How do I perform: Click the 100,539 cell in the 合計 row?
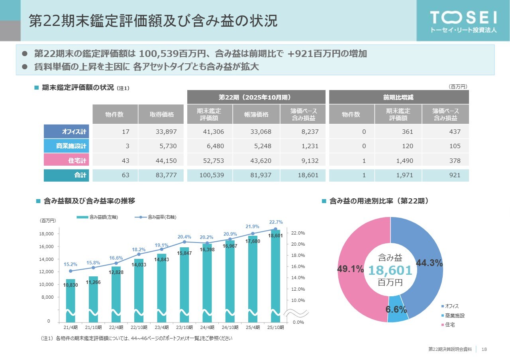[x=210, y=175]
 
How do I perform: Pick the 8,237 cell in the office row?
[x=302, y=131]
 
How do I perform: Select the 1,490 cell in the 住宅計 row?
[x=398, y=160]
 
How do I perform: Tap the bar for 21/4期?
[x=71, y=299]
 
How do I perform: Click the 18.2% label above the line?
[x=139, y=249]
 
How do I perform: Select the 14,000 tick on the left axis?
[x=47, y=259]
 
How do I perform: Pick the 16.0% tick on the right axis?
[x=296, y=266]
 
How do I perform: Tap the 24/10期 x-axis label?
[x=230, y=327]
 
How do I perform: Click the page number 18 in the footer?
[x=484, y=349]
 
